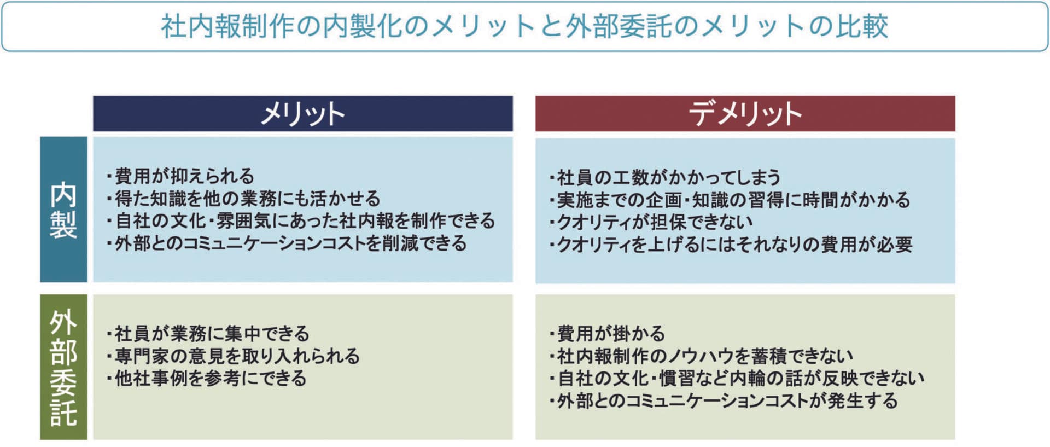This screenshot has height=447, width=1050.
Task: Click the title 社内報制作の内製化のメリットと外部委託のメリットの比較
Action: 524,26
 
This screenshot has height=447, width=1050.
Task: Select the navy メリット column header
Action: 302,114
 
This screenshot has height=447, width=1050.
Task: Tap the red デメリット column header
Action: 745,114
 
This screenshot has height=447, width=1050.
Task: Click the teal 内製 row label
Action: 63,210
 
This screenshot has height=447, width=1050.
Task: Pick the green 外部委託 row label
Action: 63,367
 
